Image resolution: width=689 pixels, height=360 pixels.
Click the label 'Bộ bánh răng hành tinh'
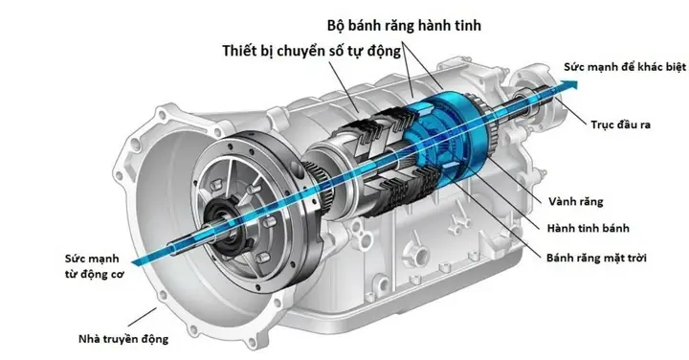coord(404,26)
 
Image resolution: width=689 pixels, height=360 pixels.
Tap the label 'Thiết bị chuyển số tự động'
coord(312,51)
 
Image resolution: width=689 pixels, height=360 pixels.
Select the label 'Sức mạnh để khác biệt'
coord(624,67)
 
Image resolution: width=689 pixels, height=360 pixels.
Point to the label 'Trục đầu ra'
coord(620,124)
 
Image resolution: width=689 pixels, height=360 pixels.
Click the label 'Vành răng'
coord(576,201)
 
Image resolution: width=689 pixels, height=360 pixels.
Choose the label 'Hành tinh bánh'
coord(588,228)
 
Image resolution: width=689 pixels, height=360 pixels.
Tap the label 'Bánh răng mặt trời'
coord(596,258)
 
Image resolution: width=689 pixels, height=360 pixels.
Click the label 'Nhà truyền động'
coord(123,339)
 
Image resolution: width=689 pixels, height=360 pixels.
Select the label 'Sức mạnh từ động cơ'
coord(95,266)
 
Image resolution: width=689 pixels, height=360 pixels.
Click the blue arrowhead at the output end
coord(569,83)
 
